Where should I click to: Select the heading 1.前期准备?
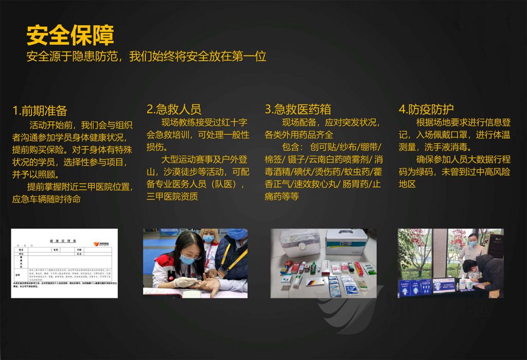tap(40, 111)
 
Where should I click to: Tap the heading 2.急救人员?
tap(174, 109)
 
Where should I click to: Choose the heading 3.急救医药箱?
tap(298, 109)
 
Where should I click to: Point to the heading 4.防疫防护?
tap(426, 109)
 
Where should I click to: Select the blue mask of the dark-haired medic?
tap(187, 260)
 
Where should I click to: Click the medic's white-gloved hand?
tap(183, 282)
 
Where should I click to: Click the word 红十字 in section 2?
tap(234, 122)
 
